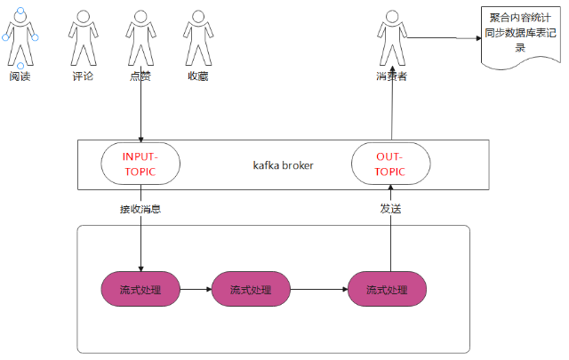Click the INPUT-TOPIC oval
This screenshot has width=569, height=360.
(x=140, y=164)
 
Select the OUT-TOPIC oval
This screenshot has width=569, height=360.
(x=391, y=164)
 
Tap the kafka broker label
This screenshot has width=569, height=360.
(x=283, y=165)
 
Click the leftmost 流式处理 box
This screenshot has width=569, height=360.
(x=140, y=289)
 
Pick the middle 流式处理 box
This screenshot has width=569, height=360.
(x=250, y=289)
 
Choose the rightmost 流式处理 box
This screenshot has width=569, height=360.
(x=387, y=289)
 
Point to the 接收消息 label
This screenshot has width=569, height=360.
(x=140, y=210)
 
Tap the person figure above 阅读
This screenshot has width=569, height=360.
(x=20, y=37)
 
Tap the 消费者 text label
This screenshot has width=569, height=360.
(x=391, y=77)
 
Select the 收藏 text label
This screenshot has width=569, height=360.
(x=197, y=77)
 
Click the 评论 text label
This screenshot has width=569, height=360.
(x=82, y=77)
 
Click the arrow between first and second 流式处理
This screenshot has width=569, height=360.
(x=196, y=289)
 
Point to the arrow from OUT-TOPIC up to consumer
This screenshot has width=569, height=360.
(x=391, y=111)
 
